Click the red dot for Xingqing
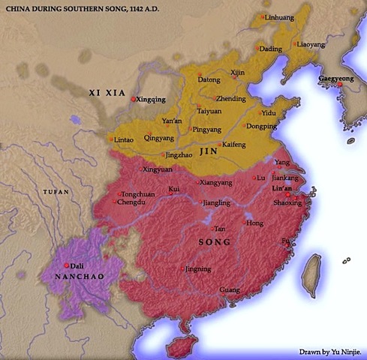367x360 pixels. [134, 99]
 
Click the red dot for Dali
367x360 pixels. [68, 265]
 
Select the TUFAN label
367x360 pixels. [56, 192]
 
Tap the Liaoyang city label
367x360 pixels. [311, 44]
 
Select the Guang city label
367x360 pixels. [229, 289]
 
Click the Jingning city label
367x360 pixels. [198, 268]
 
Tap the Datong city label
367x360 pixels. [209, 79]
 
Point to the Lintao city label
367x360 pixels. [124, 139]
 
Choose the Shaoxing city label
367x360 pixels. [287, 202]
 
